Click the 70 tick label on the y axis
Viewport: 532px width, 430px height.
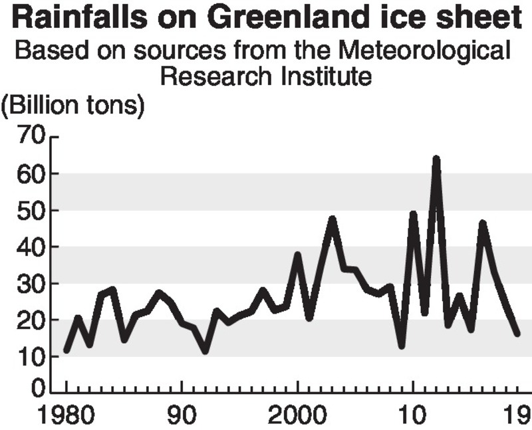[x=31, y=138]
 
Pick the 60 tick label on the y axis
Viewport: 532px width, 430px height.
[x=31, y=174]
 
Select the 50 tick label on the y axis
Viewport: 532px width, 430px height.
[x=31, y=211]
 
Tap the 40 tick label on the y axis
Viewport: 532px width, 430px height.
[x=31, y=247]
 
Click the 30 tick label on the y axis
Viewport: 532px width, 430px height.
[x=31, y=284]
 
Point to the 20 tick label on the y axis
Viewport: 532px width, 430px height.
[x=31, y=320]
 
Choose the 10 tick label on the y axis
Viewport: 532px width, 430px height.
[x=31, y=357]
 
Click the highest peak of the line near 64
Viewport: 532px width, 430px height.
[x=436, y=160]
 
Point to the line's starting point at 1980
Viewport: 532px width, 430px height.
[x=66, y=350]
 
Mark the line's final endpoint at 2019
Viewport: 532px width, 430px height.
[x=517, y=333]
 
